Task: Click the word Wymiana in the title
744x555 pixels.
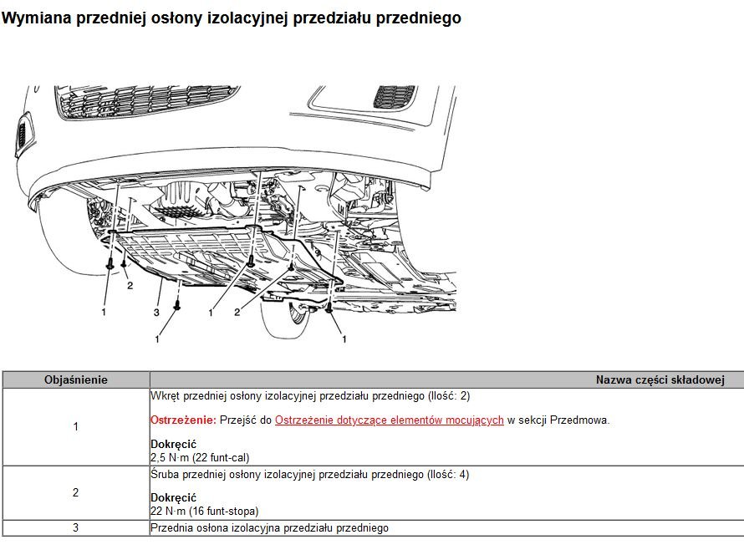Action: tap(37, 18)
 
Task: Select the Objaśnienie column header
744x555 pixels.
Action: tap(76, 379)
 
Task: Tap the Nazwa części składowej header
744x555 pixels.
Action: tap(660, 379)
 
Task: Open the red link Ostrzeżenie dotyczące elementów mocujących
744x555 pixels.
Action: tap(389, 420)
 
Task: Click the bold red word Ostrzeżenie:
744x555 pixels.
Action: tap(183, 420)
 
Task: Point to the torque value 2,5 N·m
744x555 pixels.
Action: tap(170, 457)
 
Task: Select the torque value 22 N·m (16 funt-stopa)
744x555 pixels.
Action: tap(205, 511)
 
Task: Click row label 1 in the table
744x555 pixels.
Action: tap(76, 426)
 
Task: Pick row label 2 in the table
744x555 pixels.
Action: tap(76, 492)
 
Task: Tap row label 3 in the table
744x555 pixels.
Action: tap(76, 527)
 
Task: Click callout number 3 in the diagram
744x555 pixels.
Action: tap(156, 313)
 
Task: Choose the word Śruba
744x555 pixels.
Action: tap(165, 475)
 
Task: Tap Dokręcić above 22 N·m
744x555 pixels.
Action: tap(173, 497)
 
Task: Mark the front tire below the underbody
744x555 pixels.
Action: tap(285, 317)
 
